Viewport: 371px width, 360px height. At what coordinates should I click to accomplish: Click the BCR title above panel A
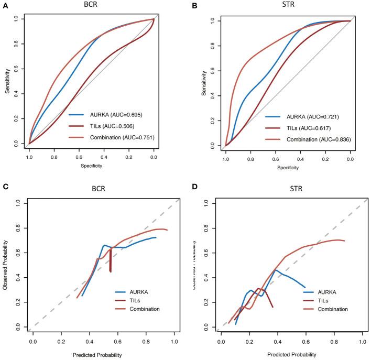click(92, 6)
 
